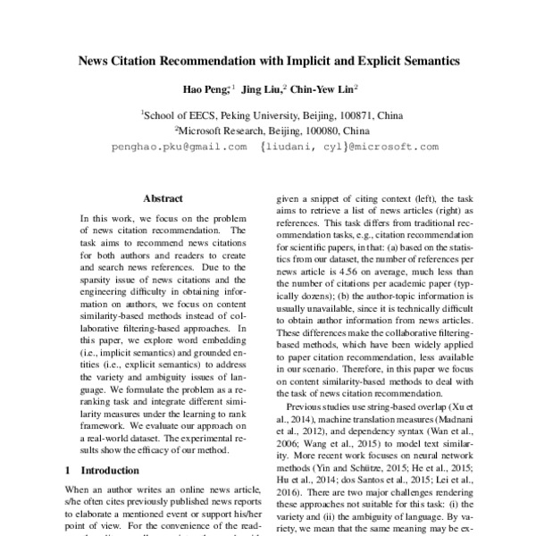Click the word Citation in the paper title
(157, 63)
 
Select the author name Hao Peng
(202, 89)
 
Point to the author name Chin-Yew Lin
(322, 89)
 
